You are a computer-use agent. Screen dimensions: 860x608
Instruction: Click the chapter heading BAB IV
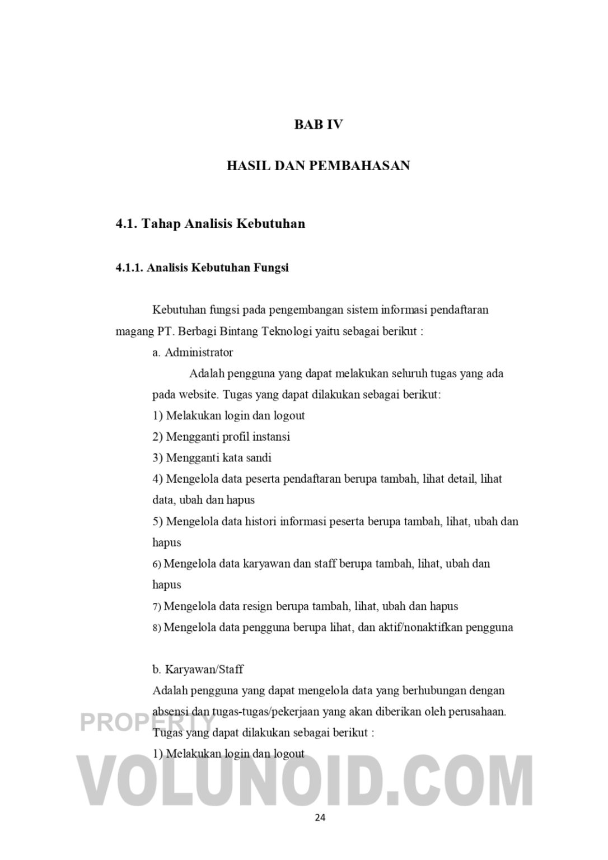[x=318, y=124]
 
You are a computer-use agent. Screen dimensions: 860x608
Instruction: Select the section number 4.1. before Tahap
[x=127, y=224]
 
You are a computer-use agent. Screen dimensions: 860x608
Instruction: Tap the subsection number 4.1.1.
[x=129, y=268]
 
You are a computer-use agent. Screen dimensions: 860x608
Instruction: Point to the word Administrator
[x=199, y=353]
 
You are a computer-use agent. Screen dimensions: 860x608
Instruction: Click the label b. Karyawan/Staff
[x=198, y=670]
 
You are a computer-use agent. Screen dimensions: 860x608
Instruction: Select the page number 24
[x=320, y=817]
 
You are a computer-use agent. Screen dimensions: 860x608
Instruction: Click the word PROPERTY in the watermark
[x=147, y=722]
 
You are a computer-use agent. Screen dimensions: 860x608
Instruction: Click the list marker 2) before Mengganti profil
[x=157, y=437]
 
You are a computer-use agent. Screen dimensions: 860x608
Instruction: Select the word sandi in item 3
[x=258, y=458]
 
